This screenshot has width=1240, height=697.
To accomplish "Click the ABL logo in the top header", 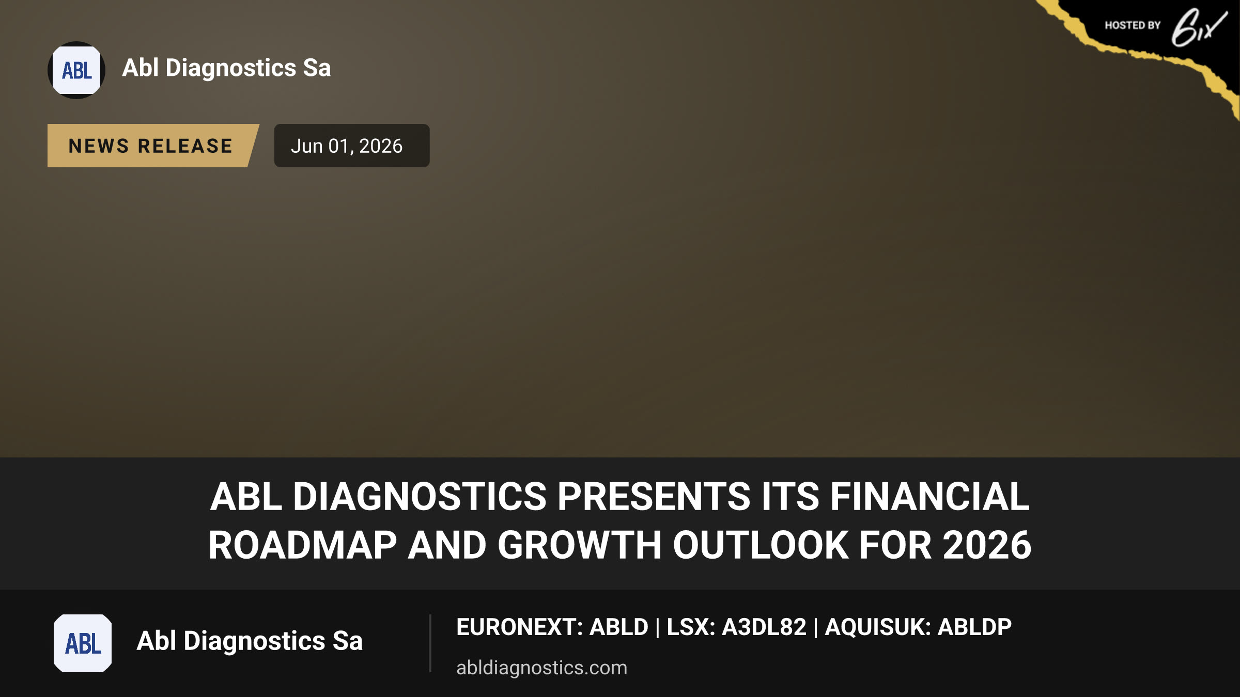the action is point(76,70).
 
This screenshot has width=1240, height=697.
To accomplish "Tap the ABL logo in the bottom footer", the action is point(83,643).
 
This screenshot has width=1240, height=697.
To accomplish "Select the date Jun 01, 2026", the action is point(347,146).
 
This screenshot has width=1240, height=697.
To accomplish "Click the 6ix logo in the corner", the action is point(1199,27).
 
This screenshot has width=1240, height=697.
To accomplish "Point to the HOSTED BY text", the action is point(1133,25).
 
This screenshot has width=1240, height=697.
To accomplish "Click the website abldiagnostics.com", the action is point(541,668).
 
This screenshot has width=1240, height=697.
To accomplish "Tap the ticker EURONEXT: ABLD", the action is point(552,627).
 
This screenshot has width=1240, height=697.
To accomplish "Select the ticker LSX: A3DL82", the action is point(736,627).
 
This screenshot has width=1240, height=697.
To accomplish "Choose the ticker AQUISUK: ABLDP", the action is point(918,627).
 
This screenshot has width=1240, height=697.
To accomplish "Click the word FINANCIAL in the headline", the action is point(930,497).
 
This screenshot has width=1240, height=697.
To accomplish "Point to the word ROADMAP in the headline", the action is point(303,545).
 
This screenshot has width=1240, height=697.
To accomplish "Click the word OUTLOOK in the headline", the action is point(761,545).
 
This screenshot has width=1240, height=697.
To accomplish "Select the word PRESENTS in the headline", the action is point(654,497).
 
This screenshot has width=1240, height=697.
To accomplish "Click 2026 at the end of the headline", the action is point(987,545).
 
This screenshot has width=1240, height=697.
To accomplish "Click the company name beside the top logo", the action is point(226,68).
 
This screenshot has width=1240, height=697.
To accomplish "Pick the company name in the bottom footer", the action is point(250,641).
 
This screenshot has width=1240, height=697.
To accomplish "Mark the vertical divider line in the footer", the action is point(430,643).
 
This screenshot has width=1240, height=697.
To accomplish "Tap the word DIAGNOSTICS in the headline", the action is point(420,497).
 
